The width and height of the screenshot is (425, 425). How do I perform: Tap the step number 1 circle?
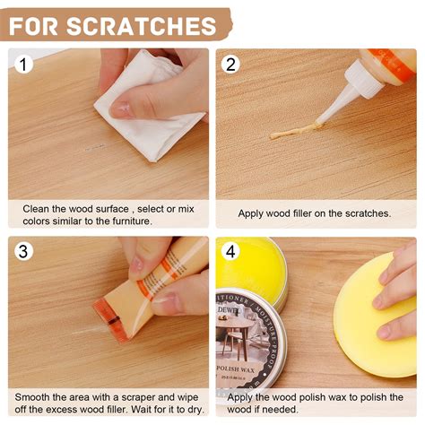coord(25,65)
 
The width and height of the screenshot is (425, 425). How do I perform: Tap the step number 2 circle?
coord(231,65)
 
